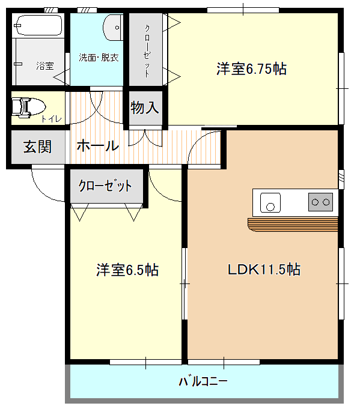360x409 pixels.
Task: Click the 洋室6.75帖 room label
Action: tap(251, 69)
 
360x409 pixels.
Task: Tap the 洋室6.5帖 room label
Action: tap(127, 270)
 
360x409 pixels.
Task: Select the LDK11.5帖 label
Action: tap(264, 270)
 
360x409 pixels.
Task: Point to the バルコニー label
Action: tap(203, 381)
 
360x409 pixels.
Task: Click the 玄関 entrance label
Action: tap(37, 147)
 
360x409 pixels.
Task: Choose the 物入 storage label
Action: tap(145, 108)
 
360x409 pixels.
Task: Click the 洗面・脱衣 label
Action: tap(99, 58)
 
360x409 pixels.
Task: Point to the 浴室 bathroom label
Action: tap(45, 66)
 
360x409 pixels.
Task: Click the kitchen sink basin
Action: tap(270, 202)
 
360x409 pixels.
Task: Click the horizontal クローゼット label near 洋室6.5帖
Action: tap(105, 186)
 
